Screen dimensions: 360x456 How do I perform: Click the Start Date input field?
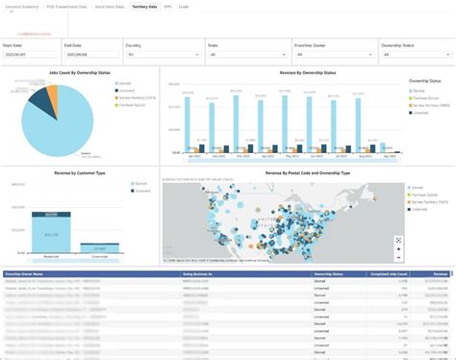click(x=29, y=55)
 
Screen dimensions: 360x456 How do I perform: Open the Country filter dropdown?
click(x=162, y=55)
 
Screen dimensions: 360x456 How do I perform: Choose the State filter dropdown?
click(x=244, y=55)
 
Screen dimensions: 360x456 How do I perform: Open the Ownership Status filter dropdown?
click(x=413, y=55)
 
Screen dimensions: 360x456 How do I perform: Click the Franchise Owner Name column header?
click(x=29, y=273)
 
